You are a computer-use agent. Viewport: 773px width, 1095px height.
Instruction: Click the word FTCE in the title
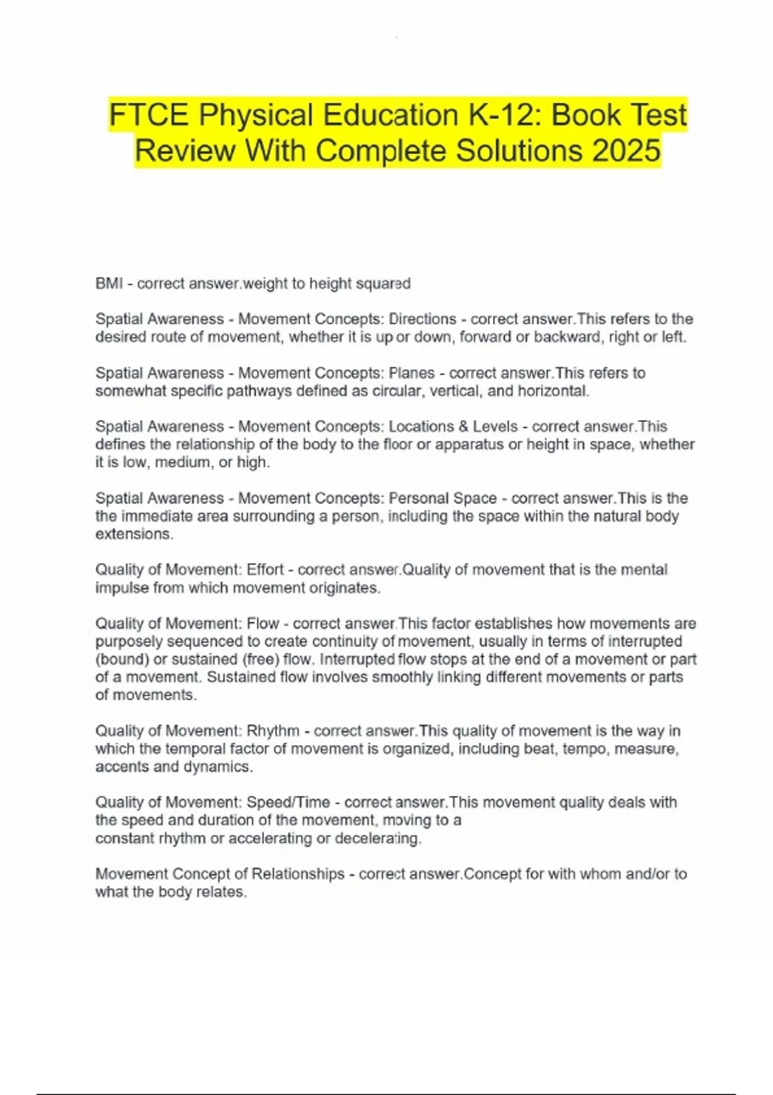tap(148, 116)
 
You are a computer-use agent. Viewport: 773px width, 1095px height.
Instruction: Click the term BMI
tap(109, 283)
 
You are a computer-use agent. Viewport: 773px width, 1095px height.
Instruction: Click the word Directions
tap(423, 319)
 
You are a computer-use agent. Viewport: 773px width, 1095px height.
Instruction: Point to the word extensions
tap(134, 534)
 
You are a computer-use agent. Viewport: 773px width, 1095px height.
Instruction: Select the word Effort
tap(265, 569)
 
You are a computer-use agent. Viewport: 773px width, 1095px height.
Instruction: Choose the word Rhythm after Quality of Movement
tap(273, 730)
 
